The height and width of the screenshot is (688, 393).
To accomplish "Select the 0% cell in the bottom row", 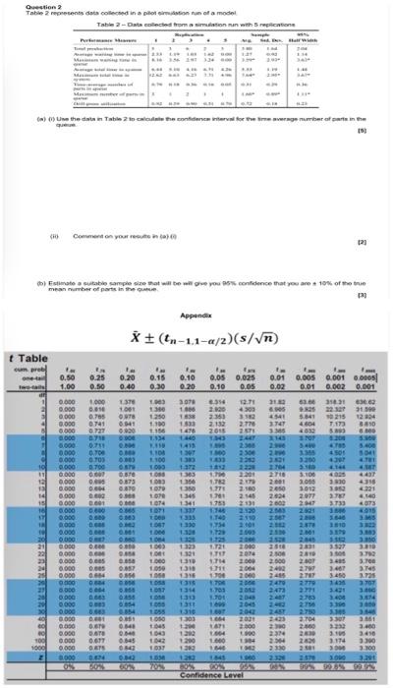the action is tap(68, 669).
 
